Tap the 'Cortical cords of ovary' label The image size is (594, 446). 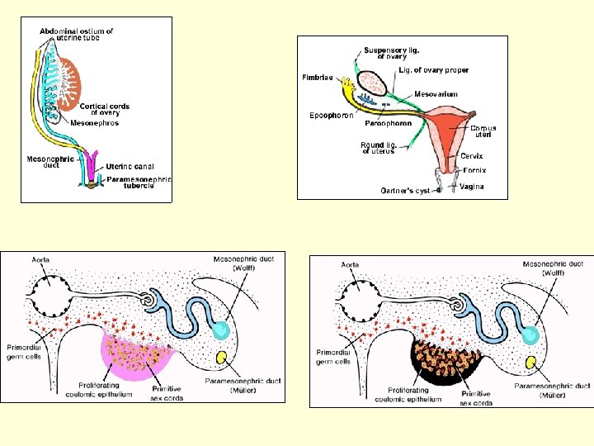105,111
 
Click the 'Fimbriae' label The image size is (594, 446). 318,78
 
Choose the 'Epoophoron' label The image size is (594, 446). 332,116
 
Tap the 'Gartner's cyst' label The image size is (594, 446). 404,191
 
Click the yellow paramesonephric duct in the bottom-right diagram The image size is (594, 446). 530,363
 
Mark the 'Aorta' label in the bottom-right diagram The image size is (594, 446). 350,265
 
